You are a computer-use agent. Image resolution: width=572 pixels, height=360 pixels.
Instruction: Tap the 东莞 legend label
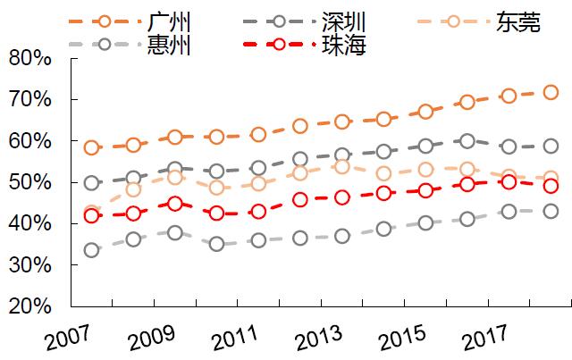point(518,21)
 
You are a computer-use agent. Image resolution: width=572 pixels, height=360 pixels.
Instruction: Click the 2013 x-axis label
point(316,338)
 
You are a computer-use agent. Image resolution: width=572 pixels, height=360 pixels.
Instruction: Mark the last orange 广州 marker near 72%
point(551,92)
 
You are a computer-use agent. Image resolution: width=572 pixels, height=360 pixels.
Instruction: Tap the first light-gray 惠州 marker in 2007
point(91,250)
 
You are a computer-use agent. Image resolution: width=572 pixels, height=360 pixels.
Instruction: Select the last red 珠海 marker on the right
point(551,186)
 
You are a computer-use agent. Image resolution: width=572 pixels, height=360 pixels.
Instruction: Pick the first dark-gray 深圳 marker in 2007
point(91,183)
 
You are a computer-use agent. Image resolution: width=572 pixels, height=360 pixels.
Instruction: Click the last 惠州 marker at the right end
point(551,212)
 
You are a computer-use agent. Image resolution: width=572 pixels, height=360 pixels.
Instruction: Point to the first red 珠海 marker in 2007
point(91,215)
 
